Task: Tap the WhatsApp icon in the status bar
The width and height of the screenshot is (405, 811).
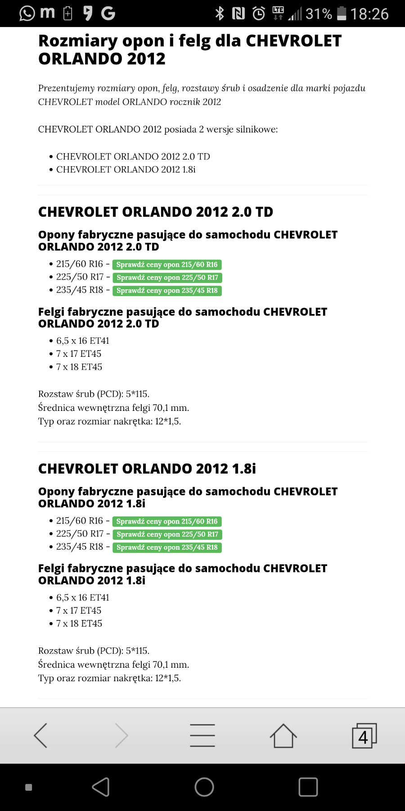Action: click(27, 14)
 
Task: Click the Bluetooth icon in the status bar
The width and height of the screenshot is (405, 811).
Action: click(220, 14)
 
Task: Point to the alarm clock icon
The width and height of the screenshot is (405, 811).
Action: click(259, 14)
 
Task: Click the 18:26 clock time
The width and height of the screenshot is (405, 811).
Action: click(369, 14)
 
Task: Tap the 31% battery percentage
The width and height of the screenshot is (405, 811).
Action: click(319, 14)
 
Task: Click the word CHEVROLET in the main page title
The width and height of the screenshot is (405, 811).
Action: click(293, 41)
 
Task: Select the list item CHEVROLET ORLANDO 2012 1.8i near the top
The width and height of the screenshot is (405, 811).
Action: click(126, 169)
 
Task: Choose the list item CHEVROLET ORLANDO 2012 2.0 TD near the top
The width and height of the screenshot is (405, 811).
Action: click(133, 156)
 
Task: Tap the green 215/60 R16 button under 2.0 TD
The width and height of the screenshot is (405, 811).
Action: click(167, 264)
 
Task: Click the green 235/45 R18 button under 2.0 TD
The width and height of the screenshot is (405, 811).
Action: click(167, 291)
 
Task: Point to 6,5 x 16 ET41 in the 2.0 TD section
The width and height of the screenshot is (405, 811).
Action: click(83, 341)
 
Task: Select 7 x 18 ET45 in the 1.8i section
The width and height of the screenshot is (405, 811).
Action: click(79, 624)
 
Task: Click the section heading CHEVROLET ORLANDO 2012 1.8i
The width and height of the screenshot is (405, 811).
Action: click(147, 469)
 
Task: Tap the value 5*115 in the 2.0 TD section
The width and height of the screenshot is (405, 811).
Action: click(137, 394)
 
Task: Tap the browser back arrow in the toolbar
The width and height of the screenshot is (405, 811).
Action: click(41, 735)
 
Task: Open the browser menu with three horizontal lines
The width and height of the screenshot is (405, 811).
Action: click(202, 735)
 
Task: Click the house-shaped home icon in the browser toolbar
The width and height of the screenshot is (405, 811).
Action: click(283, 735)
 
